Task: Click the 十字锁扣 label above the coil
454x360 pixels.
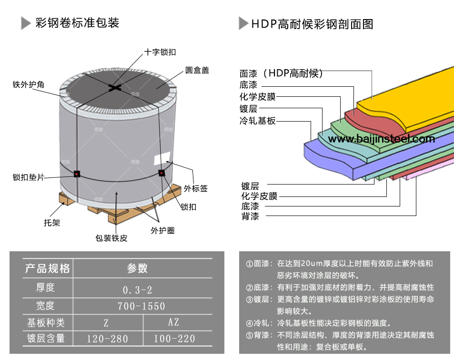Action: click(x=160, y=52)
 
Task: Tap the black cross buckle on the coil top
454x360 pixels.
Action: click(x=115, y=87)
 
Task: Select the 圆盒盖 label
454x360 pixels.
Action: click(x=197, y=71)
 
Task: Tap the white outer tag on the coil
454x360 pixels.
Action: click(x=162, y=159)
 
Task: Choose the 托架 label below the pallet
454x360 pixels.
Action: click(x=52, y=222)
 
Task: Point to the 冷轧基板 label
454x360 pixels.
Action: click(x=258, y=121)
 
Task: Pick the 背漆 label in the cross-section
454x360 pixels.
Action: click(x=250, y=217)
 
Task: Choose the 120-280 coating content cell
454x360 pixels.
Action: click(x=107, y=339)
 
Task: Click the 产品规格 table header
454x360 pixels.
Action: click(x=48, y=268)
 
